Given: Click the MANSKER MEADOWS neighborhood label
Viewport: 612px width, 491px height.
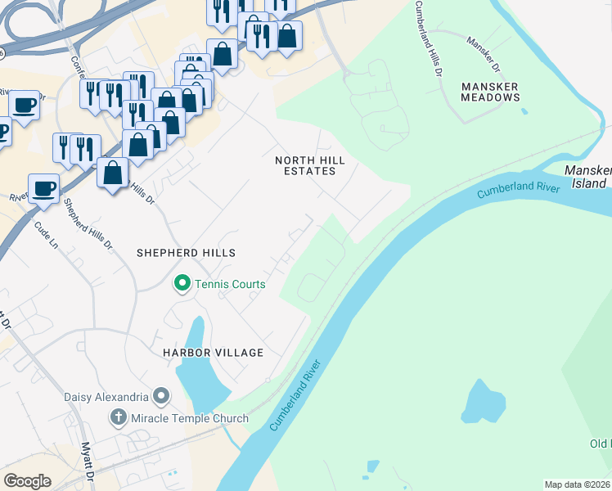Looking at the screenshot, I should (x=490, y=91).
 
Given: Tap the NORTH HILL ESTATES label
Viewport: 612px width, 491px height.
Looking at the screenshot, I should (x=305, y=165).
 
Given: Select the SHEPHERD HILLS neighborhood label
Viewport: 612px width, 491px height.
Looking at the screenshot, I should (x=187, y=253).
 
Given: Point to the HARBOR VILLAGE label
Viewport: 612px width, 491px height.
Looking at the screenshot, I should (x=213, y=353).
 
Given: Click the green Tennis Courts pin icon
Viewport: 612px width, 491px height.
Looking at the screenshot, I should (x=182, y=284).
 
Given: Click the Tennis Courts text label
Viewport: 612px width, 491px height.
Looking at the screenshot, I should (x=230, y=285).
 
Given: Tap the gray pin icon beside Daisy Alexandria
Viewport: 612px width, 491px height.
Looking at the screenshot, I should (x=161, y=397).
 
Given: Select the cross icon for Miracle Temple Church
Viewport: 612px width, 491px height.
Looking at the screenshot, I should (x=119, y=418).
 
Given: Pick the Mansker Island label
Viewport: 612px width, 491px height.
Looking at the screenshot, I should (x=587, y=176).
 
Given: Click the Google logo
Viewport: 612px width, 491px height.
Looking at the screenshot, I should (x=27, y=481).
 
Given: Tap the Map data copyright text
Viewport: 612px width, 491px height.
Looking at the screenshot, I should (x=577, y=484).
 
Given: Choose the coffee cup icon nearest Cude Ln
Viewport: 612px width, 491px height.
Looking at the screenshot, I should (x=44, y=188).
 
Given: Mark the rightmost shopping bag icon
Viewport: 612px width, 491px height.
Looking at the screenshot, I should (x=287, y=36).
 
